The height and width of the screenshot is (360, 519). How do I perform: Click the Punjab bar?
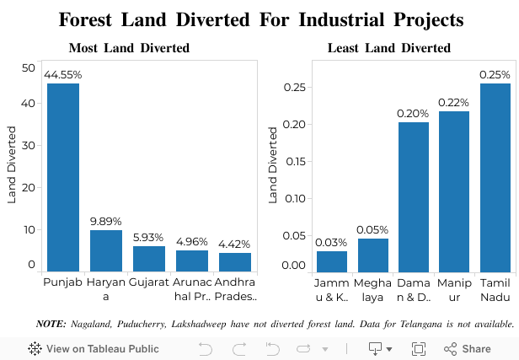(x=62, y=177)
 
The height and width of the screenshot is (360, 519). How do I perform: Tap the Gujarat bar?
(x=149, y=258)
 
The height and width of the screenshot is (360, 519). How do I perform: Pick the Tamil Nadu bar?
(x=495, y=177)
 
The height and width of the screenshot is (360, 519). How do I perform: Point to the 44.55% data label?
(x=63, y=75)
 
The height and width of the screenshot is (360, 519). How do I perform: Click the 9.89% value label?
(x=106, y=222)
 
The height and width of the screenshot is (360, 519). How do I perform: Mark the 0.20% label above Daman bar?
(x=414, y=113)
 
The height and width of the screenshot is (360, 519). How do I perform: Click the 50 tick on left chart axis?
(x=29, y=68)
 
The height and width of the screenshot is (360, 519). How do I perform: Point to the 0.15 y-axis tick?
(x=294, y=161)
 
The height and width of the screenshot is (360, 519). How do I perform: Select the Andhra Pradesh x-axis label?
(x=235, y=288)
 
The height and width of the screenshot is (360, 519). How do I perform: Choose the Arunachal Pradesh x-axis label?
(x=192, y=288)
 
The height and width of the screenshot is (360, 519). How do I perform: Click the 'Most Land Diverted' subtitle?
(x=129, y=48)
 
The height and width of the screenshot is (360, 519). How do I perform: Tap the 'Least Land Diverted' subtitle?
(x=388, y=48)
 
